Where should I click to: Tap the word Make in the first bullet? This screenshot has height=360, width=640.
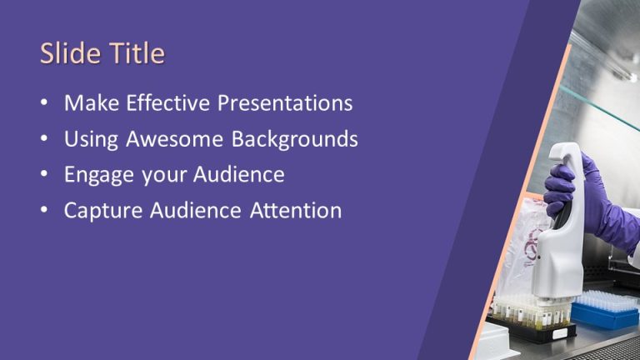(x=91, y=103)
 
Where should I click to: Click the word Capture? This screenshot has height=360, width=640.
(x=100, y=211)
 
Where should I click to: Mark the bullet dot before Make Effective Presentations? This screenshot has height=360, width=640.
(x=44, y=104)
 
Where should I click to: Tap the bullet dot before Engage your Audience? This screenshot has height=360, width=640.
(x=44, y=176)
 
